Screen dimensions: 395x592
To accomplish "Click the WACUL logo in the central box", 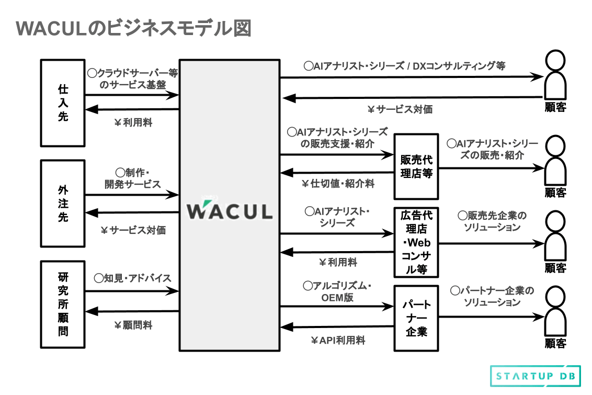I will [x=230, y=210].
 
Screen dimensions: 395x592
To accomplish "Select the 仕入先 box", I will [x=63, y=103].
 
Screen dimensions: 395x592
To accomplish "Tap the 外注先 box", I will [x=63, y=203].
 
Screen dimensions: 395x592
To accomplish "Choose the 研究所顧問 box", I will [x=63, y=304].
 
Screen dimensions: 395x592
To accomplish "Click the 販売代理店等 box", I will [x=416, y=166].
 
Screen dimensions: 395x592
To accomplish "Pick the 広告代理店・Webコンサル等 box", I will [x=416, y=242].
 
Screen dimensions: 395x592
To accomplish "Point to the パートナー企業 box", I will [x=416, y=318].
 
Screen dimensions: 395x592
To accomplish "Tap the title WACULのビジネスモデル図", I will [x=133, y=29].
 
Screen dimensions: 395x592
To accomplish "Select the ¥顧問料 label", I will [x=133, y=325].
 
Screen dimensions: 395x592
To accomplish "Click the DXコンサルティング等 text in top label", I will [x=459, y=66].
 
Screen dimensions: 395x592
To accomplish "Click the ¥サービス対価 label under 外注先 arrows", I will [x=133, y=230].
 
